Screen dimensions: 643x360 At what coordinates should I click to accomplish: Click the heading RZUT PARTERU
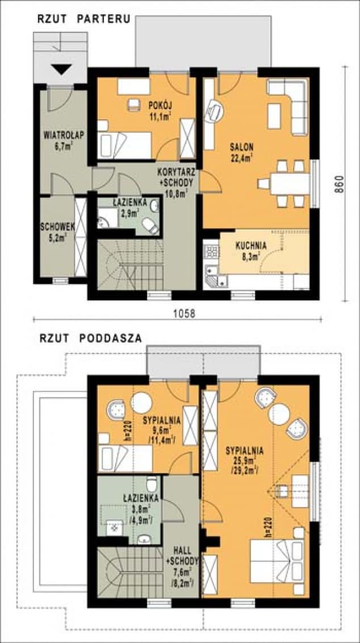pyautogui.click(x=84, y=18)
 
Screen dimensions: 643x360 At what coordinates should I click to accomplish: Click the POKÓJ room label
pyautogui.click(x=160, y=105)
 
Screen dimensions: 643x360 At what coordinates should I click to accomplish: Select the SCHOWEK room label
pyautogui.click(x=55, y=226)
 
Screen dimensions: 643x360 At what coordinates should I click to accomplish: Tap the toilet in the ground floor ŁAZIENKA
pyautogui.click(x=150, y=227)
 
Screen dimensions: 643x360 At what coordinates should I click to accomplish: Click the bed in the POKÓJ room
pyautogui.click(x=125, y=145)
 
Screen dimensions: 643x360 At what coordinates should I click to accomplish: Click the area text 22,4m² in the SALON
pyautogui.click(x=242, y=157)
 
